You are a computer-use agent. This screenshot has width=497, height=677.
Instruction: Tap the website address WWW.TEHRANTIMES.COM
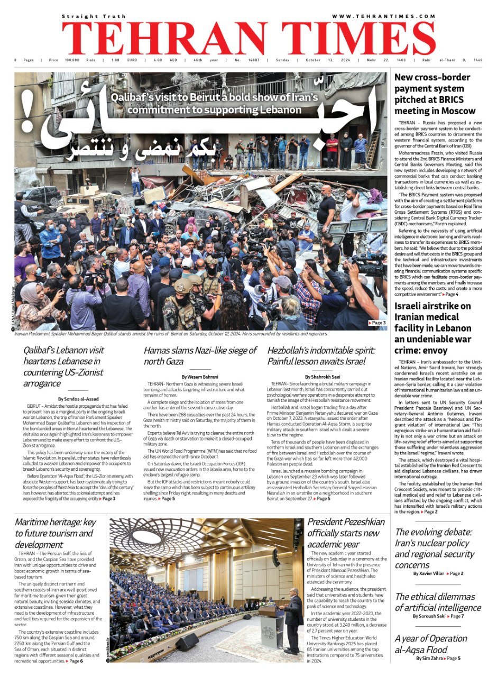click(x=384, y=16)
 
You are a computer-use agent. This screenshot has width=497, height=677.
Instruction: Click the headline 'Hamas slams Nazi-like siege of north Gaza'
click(x=200, y=356)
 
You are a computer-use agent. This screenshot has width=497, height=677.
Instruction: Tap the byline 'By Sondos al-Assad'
click(x=78, y=399)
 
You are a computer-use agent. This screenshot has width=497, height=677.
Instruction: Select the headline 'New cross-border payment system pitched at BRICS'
click(x=435, y=94)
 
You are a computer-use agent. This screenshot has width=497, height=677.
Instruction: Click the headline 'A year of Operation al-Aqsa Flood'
click(x=430, y=644)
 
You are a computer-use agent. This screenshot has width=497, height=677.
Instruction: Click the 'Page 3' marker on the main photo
click(x=377, y=323)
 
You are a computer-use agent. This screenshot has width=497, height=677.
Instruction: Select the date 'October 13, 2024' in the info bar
click(x=321, y=60)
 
